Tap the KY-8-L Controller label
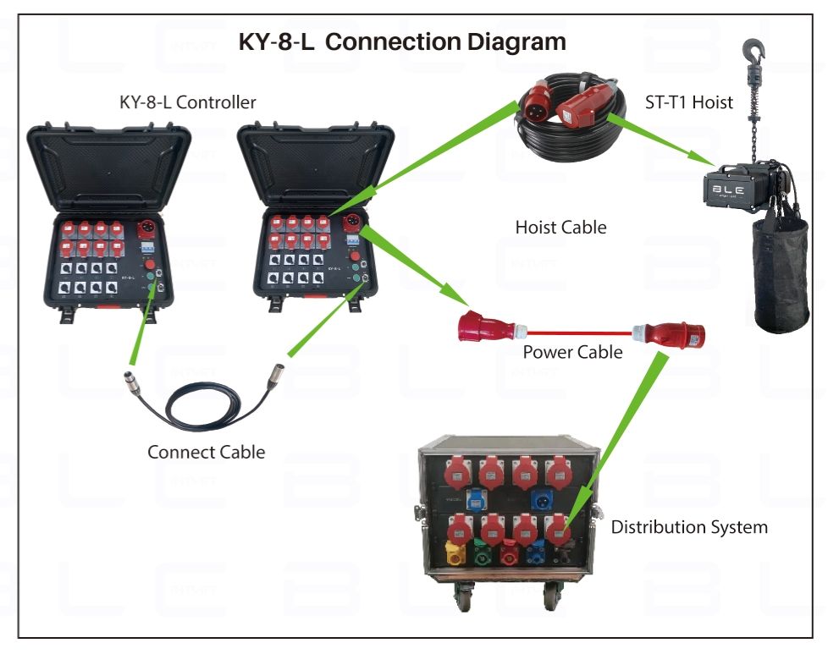point(187,103)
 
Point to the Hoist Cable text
point(560,228)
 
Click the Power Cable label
point(572,352)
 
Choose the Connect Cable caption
point(206,452)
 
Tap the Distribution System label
point(689,527)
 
